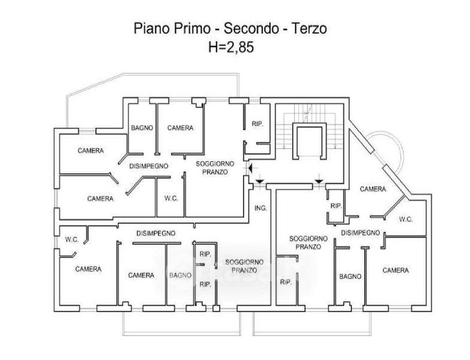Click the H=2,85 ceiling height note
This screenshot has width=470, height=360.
click(x=230, y=47)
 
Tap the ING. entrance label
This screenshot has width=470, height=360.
click(x=261, y=208)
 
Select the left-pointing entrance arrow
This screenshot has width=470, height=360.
click(x=250, y=170)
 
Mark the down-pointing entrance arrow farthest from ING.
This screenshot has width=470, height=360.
click(x=319, y=179)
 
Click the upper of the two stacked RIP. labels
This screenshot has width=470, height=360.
click(x=204, y=253)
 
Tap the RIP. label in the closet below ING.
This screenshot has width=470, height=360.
click(x=285, y=281)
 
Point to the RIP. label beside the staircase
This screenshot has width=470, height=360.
click(x=258, y=124)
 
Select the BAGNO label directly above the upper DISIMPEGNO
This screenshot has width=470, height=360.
click(x=142, y=127)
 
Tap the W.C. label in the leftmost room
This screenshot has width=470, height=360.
click(x=72, y=239)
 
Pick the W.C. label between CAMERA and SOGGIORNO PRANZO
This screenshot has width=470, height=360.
click(x=169, y=199)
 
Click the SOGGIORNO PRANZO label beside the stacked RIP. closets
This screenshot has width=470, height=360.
click(x=244, y=266)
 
